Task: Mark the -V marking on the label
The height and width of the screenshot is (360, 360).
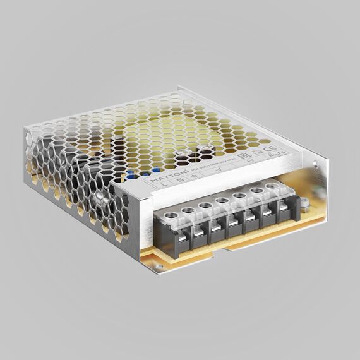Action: point(217,169)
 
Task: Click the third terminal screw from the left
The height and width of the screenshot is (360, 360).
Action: point(206,206)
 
